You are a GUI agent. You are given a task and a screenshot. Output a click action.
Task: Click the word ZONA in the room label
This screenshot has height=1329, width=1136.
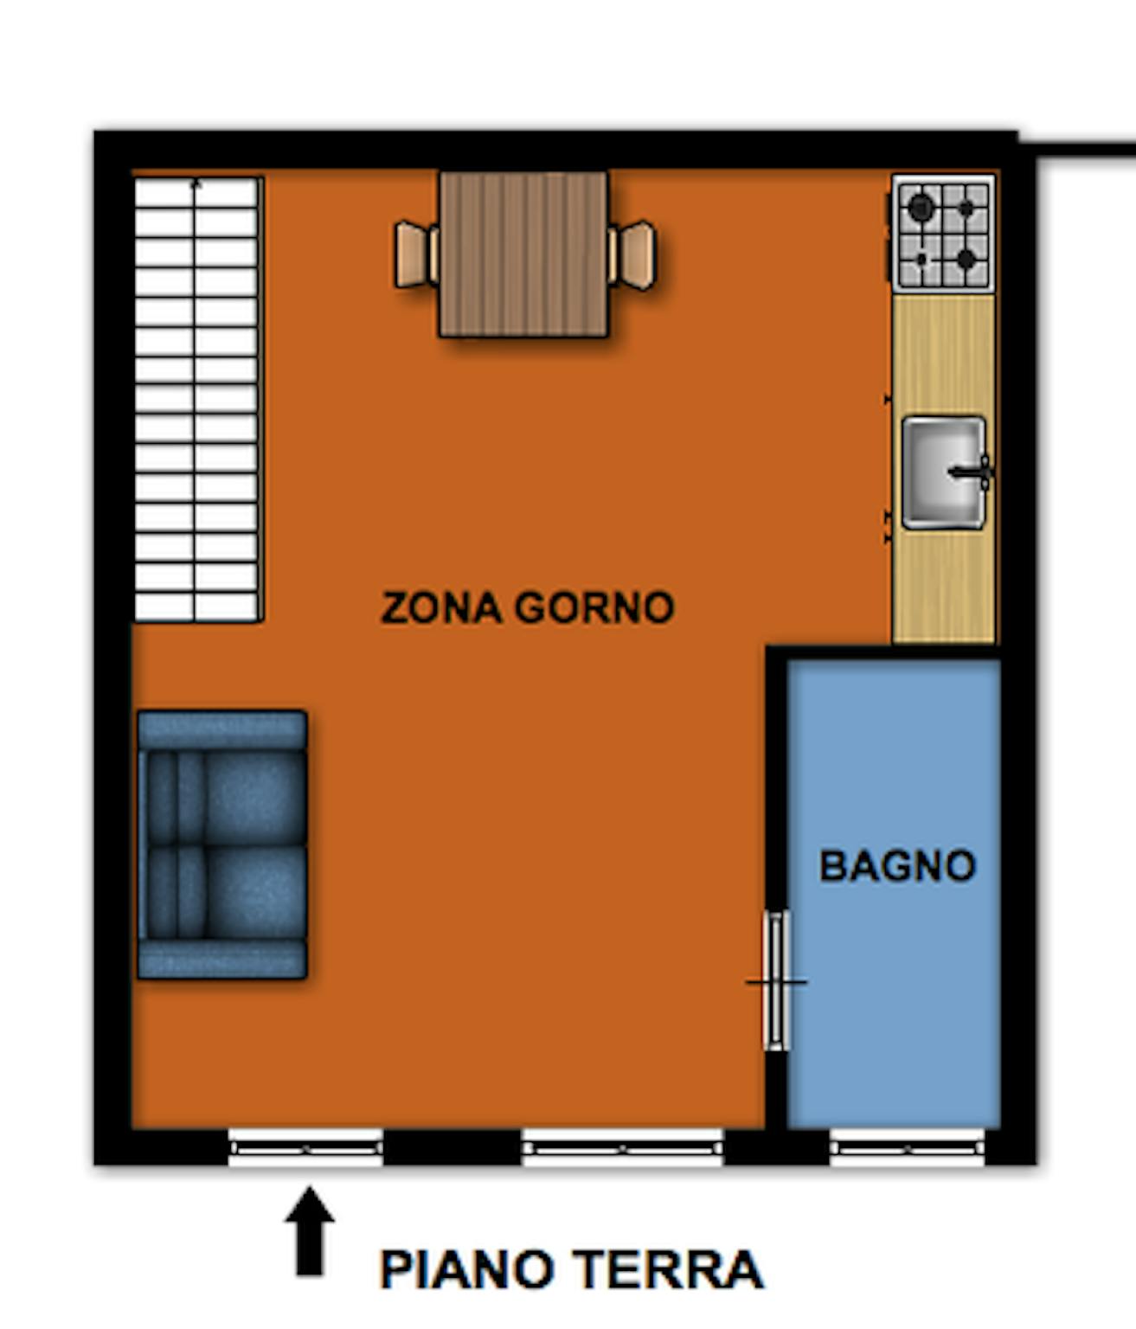(441, 607)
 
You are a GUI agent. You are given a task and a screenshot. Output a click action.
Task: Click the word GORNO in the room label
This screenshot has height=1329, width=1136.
(594, 607)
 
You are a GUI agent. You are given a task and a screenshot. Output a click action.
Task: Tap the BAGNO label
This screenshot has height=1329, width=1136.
(897, 865)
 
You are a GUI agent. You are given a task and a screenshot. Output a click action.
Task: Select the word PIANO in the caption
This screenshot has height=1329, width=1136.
(466, 1270)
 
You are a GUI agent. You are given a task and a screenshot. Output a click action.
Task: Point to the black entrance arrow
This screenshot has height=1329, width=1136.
(310, 1230)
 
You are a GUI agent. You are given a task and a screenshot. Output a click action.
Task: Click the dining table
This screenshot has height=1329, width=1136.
(523, 254)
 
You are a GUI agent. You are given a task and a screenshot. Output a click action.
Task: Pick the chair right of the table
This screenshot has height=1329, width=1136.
(632, 255)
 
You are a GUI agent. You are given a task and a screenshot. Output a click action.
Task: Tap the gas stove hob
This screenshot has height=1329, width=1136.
(943, 234)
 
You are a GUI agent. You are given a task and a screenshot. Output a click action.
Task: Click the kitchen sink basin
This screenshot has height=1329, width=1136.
(943, 472)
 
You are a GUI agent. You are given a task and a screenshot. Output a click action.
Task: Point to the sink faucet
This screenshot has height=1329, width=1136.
(972, 472)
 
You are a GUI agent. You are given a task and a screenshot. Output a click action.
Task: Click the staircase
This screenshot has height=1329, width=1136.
(197, 400)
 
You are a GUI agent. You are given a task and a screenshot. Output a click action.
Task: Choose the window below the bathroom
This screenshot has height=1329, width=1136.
(907, 1147)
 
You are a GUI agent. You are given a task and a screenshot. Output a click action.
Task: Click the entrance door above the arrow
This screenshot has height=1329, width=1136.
(306, 1147)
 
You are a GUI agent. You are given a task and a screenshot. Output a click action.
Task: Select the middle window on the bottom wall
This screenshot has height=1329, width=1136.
(622, 1147)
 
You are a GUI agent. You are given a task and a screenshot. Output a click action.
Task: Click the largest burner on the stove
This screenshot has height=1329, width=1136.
(921, 208)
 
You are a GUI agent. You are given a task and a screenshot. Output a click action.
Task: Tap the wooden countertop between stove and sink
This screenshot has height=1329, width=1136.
(943, 355)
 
